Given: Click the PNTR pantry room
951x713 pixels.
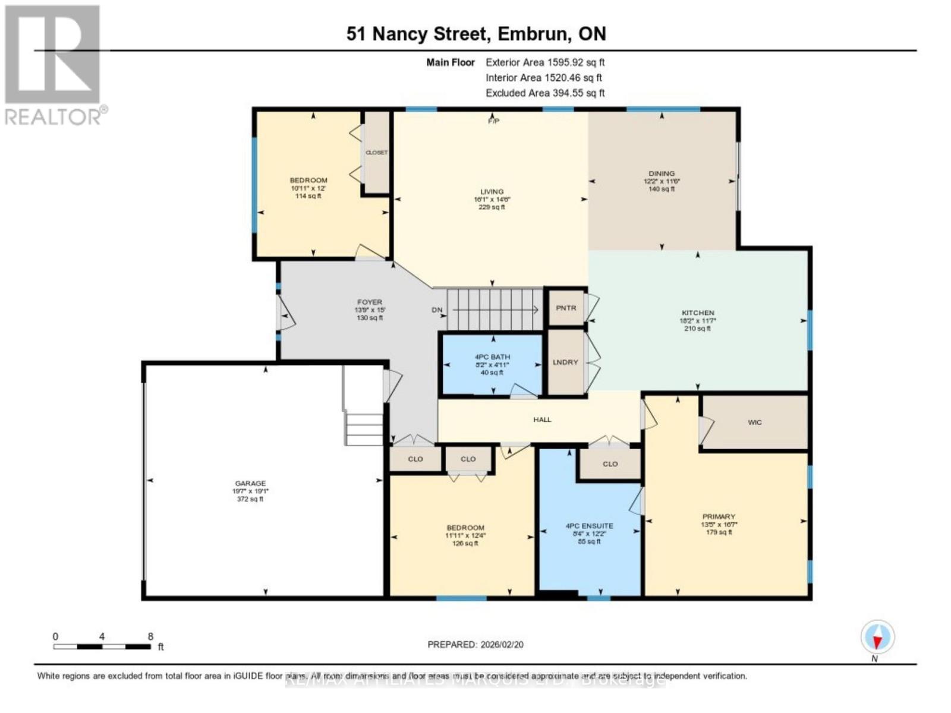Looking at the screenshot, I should (566, 308).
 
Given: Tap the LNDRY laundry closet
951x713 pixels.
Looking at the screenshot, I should (565, 362).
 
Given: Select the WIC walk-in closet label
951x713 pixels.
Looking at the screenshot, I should (754, 422).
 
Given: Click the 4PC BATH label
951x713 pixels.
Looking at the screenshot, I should (492, 357).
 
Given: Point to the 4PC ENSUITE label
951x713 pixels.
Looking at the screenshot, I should (589, 526).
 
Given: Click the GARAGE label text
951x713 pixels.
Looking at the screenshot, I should (250, 484).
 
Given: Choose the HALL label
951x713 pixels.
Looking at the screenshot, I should (542, 419).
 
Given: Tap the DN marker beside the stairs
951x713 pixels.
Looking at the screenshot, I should (437, 310).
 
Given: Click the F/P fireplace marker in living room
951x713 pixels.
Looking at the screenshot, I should (493, 121).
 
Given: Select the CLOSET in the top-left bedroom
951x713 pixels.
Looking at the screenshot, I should (376, 153).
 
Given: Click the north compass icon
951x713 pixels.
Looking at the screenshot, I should (877, 637).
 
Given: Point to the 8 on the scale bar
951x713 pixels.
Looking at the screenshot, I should (150, 636).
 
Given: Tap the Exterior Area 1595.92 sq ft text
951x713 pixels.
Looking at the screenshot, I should (544, 62).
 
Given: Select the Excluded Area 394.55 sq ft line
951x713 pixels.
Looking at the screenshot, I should (544, 93).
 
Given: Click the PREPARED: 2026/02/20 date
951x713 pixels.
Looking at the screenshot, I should (475, 644).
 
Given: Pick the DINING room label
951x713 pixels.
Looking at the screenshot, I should (662, 173).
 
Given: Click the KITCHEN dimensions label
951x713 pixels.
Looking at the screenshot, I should (698, 320).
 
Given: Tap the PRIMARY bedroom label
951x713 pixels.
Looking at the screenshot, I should (719, 516).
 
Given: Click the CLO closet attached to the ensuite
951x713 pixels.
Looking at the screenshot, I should (610, 464).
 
